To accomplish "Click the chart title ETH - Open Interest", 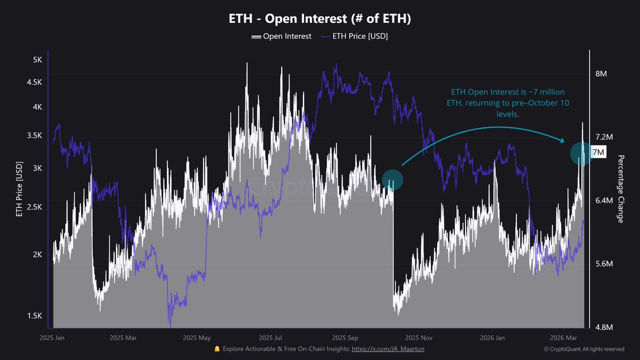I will (320, 19).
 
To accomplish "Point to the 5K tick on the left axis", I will (37, 60).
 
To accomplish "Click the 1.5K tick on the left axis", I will (35, 316).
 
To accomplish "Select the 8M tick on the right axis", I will (601, 74).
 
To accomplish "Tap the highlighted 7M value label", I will (598, 153).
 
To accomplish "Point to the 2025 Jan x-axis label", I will (52, 338).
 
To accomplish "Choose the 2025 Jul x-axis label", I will (271, 338).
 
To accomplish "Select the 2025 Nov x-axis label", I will (418, 338).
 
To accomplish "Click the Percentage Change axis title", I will (621, 181).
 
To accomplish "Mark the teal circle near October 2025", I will (393, 180).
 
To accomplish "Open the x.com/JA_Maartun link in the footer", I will (388, 349).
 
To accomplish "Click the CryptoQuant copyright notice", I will (583, 349).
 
